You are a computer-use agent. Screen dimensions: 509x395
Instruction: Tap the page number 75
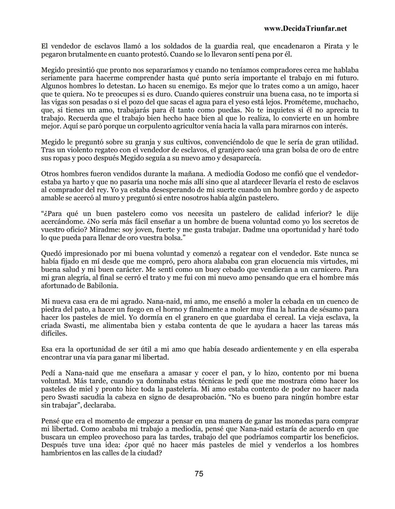click(x=199, y=474)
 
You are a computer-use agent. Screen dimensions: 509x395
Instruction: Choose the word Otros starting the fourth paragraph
click(x=50, y=174)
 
